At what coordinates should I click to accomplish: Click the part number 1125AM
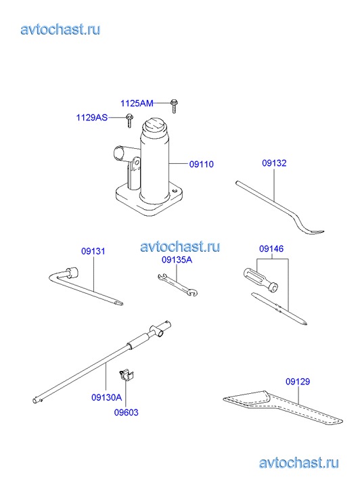pyautogui.click(x=137, y=104)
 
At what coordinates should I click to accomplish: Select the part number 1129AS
pyautogui.click(x=91, y=118)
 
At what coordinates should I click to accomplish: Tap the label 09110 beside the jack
pyautogui.click(x=202, y=164)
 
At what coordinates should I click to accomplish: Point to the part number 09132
pyautogui.click(x=274, y=163)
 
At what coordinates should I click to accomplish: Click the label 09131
pyautogui.click(x=93, y=251)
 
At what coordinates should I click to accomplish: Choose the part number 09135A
pyautogui.click(x=177, y=260)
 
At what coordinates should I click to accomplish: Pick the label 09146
pyautogui.click(x=271, y=249)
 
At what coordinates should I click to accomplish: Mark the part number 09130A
pyautogui.click(x=106, y=397)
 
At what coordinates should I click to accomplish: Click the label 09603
pyautogui.click(x=126, y=412)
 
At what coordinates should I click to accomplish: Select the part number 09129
pyautogui.click(x=298, y=382)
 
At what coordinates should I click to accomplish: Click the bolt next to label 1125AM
pyautogui.click(x=173, y=106)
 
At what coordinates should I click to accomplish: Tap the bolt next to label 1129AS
pyautogui.click(x=129, y=121)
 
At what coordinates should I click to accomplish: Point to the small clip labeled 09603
pyautogui.click(x=126, y=375)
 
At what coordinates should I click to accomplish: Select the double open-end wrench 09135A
pyautogui.click(x=178, y=285)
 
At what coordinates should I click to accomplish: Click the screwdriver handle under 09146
pyautogui.click(x=261, y=279)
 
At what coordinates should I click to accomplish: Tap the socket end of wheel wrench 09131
pyautogui.click(x=71, y=272)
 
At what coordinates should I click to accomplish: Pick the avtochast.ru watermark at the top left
pyautogui.click(x=60, y=30)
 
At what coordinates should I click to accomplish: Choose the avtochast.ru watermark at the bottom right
pyautogui.click(x=299, y=463)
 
